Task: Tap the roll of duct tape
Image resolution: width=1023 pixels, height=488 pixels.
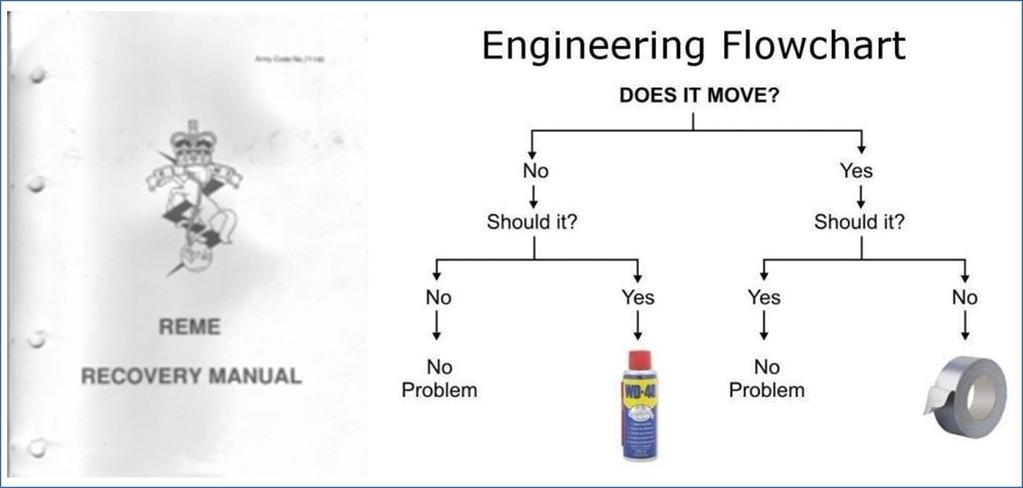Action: tap(965, 401)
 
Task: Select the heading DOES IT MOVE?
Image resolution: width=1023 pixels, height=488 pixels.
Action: tap(693, 96)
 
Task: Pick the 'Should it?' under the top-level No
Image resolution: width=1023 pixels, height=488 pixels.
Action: tap(532, 222)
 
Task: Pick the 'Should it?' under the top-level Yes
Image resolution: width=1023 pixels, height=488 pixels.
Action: tap(859, 222)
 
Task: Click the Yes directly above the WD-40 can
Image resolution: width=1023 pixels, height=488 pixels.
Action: tap(638, 297)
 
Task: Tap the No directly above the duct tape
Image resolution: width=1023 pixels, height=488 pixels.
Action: tap(965, 297)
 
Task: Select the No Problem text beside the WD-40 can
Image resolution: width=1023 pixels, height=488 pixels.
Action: tap(439, 378)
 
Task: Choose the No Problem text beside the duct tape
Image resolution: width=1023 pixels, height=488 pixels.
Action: tap(766, 378)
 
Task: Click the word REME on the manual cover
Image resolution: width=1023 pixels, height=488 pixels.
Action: tap(190, 328)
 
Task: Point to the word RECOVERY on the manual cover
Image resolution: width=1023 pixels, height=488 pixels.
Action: tap(141, 377)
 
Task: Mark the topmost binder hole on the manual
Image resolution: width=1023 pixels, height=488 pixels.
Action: tap(37, 77)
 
